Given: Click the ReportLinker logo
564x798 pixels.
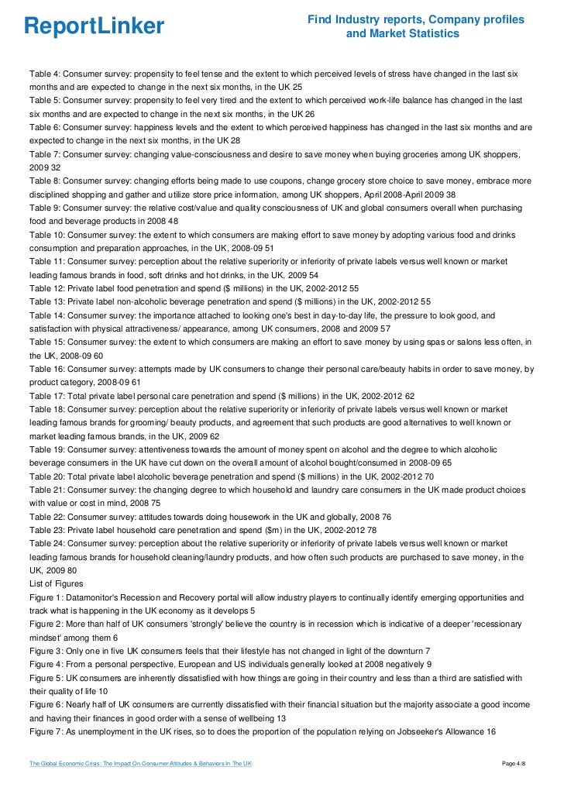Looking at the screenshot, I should point(94,26).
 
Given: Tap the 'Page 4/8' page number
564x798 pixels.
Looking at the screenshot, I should point(518,765).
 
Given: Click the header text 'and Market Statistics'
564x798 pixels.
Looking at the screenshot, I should point(402,34).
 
